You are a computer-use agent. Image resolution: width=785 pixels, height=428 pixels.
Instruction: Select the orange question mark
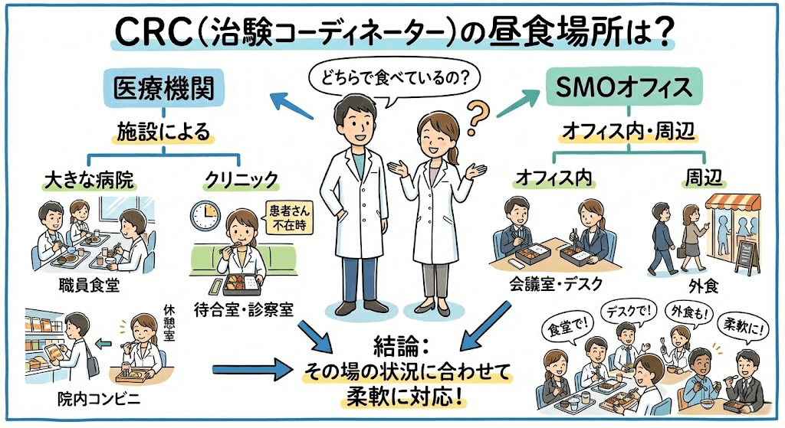point(477,116)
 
